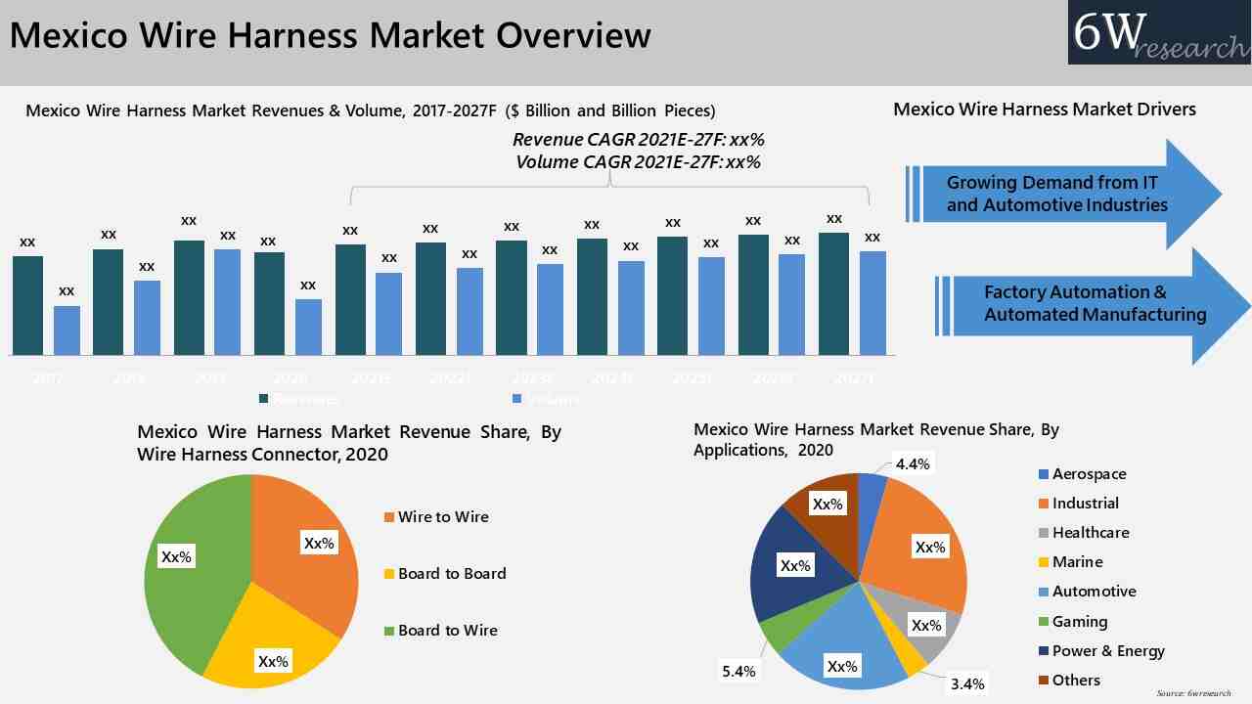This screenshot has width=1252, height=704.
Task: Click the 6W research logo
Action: point(1159,33)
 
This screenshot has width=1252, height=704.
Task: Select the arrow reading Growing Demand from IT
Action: point(1061,194)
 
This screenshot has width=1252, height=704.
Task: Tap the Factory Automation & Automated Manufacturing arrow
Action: point(1091,304)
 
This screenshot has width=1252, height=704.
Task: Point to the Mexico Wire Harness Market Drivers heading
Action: point(1044,109)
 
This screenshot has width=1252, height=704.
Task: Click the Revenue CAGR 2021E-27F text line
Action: point(638,140)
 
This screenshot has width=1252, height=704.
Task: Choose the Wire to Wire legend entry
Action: point(442,516)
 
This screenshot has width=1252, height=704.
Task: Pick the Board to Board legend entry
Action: point(451,573)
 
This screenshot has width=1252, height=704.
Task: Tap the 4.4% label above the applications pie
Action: point(912,463)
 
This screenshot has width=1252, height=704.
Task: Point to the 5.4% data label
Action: point(738,671)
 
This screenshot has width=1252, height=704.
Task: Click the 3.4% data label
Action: point(966,683)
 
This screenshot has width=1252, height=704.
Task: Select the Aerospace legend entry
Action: point(1088,474)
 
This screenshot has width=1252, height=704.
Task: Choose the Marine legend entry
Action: point(1076,562)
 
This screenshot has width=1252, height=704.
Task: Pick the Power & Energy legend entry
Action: point(1107,651)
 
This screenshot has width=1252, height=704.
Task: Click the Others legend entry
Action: point(1075,681)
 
